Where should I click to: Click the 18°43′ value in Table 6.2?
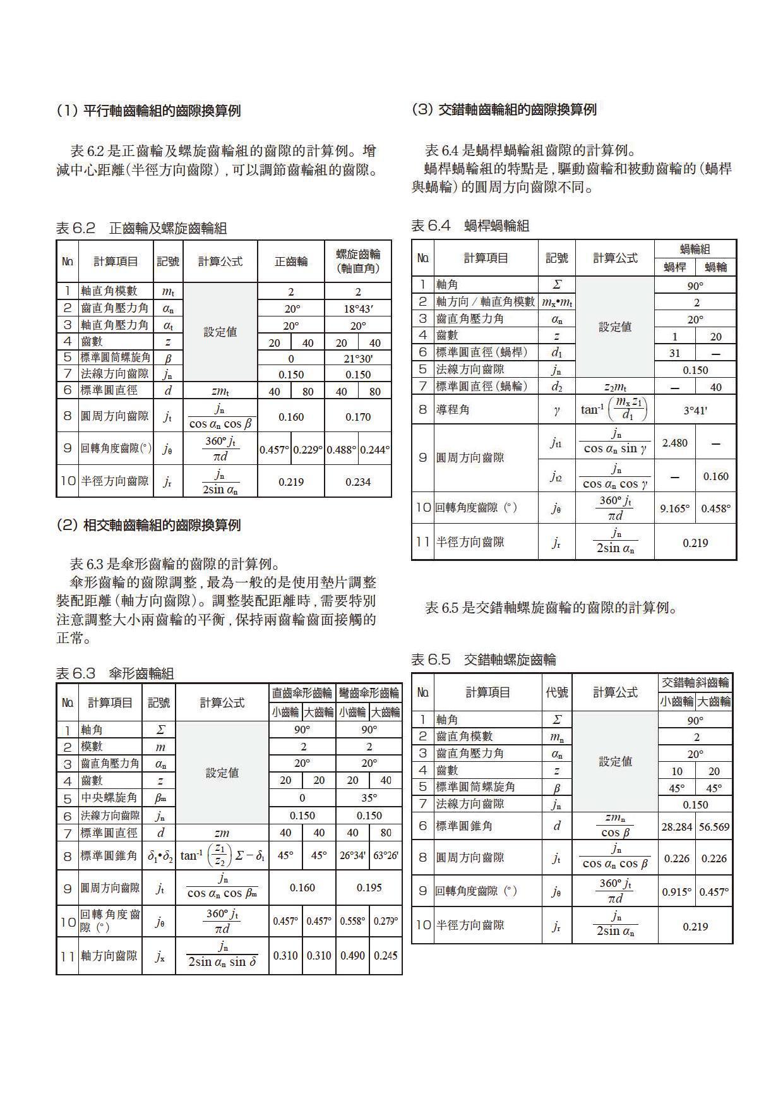click(358, 308)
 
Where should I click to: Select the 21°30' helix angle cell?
click(358, 358)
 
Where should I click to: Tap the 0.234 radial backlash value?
click(358, 482)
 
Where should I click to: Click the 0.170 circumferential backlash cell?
click(358, 417)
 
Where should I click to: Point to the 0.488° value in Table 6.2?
click(341, 449)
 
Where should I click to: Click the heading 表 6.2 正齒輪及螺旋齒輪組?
click(141, 228)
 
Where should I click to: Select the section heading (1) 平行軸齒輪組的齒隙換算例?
click(148, 111)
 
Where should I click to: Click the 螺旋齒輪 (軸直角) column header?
click(358, 261)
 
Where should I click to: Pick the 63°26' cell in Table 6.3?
click(385, 856)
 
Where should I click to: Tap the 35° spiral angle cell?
click(369, 798)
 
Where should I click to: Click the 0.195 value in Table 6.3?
click(369, 888)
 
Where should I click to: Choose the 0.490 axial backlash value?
click(352, 955)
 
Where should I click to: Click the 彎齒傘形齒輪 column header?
click(369, 693)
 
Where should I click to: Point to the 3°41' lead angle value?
click(695, 410)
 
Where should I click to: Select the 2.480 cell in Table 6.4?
click(674, 443)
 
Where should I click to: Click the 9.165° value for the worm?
click(674, 508)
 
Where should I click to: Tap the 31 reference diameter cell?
click(674, 353)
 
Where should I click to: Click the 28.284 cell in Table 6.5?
click(676, 827)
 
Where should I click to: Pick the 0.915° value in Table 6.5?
click(676, 892)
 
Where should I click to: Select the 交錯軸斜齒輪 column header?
click(695, 682)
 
